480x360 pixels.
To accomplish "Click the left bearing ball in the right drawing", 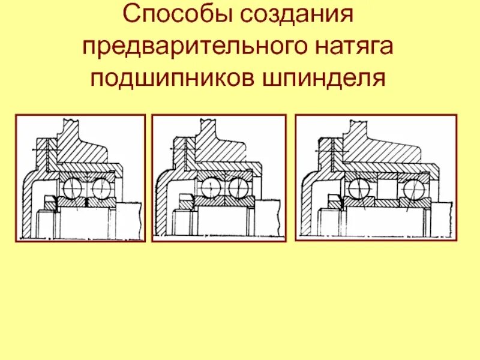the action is coord(359,188).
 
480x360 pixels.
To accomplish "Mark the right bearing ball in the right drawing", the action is coord(412,188).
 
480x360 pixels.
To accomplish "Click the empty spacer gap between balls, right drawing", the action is coord(386,187).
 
